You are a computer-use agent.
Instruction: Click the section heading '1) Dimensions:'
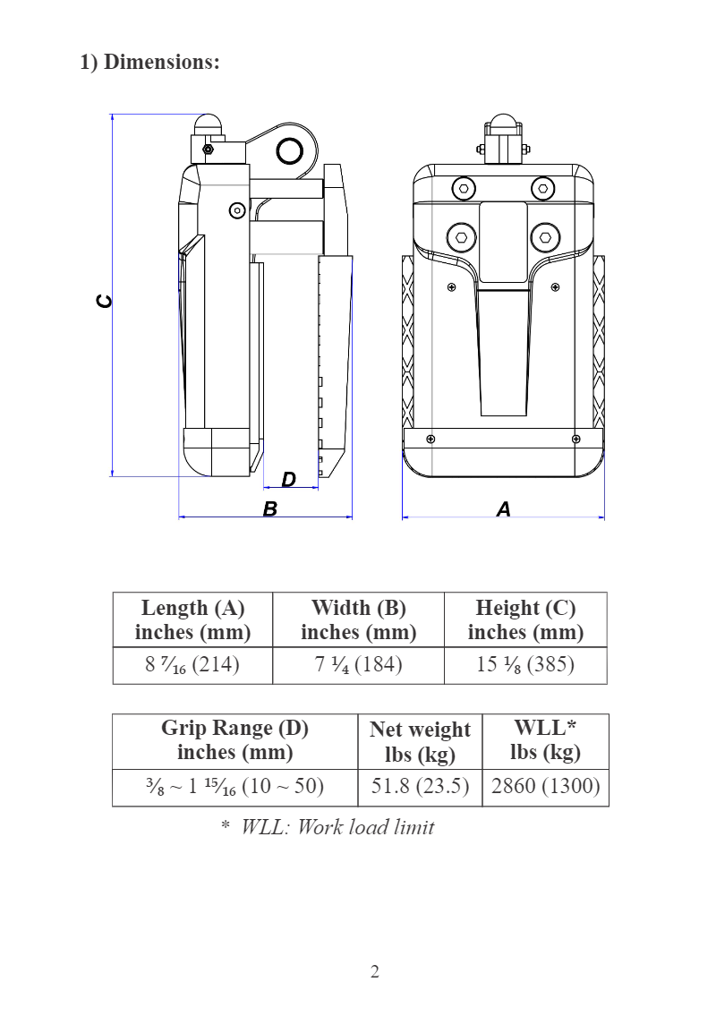tap(149, 63)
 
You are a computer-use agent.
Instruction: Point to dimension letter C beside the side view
tap(105, 302)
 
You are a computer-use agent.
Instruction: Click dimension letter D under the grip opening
tap(288, 480)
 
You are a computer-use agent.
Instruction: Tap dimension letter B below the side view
tap(269, 508)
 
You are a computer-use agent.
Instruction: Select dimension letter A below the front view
tap(504, 508)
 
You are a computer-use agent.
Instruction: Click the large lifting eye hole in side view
tap(288, 151)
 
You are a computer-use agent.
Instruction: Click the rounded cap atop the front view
tap(504, 124)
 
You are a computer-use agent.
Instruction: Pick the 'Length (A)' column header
tap(192, 620)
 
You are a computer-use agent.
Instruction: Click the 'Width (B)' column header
tap(358, 620)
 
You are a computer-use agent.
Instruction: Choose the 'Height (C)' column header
tap(525, 620)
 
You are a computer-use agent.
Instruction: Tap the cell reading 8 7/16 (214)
tap(192, 665)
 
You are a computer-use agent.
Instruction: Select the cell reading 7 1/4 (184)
tap(358, 665)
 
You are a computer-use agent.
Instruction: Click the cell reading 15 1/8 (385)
tap(525, 665)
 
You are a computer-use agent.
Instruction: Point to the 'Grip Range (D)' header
tap(234, 740)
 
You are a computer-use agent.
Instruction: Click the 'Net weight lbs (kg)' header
tap(420, 742)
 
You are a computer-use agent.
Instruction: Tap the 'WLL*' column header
tap(545, 740)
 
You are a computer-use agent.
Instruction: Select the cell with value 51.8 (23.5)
tap(420, 787)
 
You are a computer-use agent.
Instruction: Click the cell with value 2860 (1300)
tap(545, 787)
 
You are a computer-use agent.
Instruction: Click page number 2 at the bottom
tap(375, 972)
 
